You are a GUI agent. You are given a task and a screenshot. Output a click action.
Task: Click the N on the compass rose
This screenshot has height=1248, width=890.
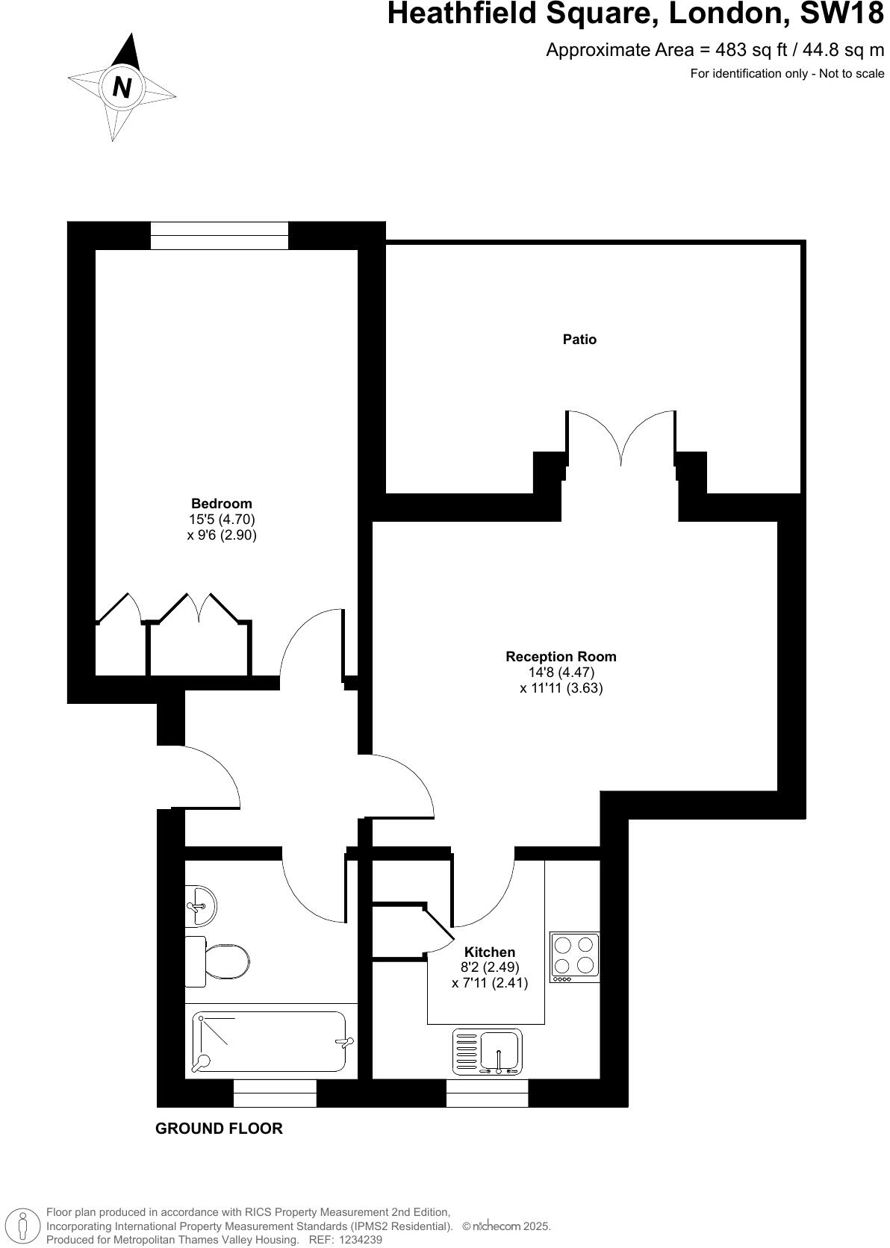[x=122, y=87]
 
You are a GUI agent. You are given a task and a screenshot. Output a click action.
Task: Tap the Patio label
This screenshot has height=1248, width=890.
[x=579, y=340]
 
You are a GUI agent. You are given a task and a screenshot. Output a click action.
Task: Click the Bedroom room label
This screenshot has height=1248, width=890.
[x=222, y=504]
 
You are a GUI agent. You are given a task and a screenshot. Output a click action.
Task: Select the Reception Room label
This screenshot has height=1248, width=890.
[x=561, y=657]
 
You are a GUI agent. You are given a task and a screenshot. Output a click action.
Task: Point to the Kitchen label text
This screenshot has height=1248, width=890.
[x=490, y=952]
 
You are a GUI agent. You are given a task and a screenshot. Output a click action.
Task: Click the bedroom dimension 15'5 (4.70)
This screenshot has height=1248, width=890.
[x=222, y=520]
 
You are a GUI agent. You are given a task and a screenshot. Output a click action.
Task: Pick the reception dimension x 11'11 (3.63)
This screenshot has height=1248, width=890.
[x=561, y=688]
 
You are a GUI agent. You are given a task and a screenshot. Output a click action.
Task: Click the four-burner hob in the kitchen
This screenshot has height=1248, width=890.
[x=575, y=956]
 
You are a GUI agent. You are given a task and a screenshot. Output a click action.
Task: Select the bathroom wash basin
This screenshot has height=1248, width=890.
[x=199, y=905]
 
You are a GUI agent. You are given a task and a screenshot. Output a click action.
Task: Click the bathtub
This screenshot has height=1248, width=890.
[x=270, y=1041]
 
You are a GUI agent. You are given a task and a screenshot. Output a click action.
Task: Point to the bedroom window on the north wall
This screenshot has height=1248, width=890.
[x=219, y=235]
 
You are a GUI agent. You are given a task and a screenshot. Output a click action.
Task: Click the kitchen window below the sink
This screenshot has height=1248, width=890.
[x=487, y=1093]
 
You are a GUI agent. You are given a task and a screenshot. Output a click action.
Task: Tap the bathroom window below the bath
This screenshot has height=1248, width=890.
[x=275, y=1093]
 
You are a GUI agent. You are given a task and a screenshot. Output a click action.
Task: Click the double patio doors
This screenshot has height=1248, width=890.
[x=621, y=440]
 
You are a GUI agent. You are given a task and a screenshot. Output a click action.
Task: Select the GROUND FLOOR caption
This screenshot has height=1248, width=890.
[x=219, y=1129]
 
